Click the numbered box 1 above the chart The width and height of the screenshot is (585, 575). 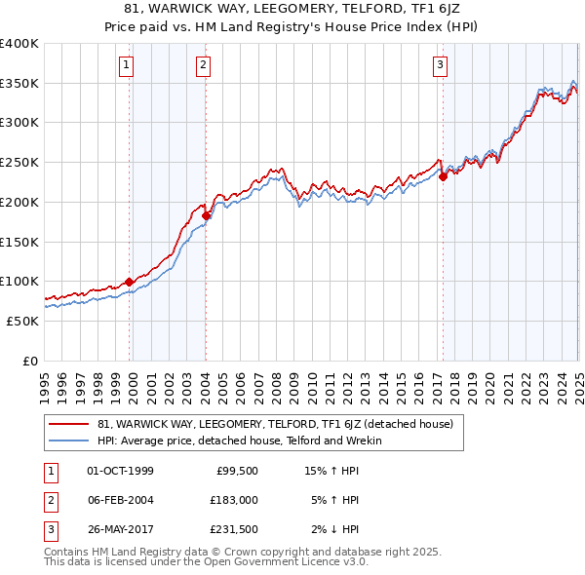coord(127,65)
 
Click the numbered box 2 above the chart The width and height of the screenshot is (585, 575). coord(203,65)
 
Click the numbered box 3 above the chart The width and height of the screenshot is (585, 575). coord(441,65)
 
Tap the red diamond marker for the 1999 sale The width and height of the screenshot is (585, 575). coord(129,282)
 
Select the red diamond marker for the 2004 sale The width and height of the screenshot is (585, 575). coord(206,215)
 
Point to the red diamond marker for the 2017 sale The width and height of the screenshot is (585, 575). coord(443,176)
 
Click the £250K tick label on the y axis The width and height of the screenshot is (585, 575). coord(19,162)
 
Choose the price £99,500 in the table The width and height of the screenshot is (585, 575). coord(236,472)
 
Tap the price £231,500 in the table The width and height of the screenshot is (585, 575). coord(234,529)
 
